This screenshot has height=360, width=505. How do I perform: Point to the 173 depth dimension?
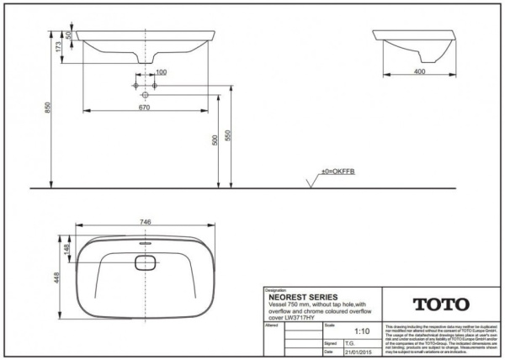[x=58, y=48]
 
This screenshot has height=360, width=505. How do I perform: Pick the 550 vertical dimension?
[x=229, y=135]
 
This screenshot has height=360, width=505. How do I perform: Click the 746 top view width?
[x=145, y=221]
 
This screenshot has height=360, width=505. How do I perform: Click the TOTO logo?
[x=442, y=304]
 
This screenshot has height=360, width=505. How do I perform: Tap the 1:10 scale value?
[x=363, y=331]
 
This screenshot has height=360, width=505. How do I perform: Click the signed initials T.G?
[x=350, y=342]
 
